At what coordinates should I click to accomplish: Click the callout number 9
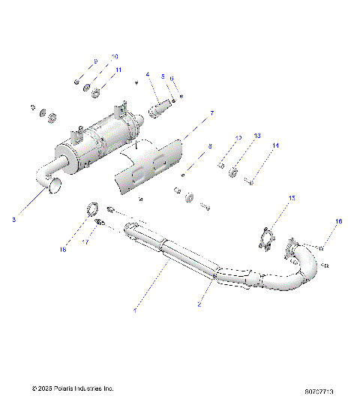[95, 60]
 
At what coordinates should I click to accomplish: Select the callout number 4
[148, 74]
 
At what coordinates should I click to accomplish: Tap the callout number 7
[211, 113]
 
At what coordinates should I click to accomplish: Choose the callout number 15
[292, 198]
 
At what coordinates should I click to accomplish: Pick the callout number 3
[13, 219]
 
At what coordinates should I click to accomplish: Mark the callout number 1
[136, 308]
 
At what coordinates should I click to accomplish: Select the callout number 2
[199, 304]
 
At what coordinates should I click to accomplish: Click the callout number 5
[162, 77]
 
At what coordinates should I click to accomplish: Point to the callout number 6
[172, 77]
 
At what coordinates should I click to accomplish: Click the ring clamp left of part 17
[91, 208]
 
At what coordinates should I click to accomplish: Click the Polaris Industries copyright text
[72, 388]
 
